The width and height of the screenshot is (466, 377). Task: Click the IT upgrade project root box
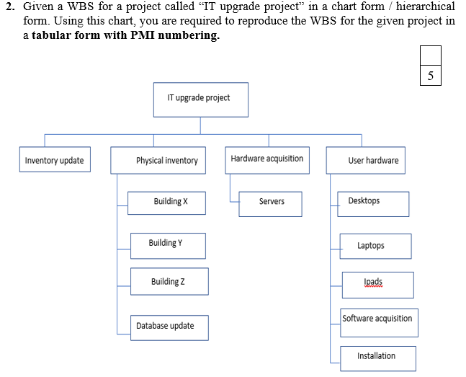click(198, 99)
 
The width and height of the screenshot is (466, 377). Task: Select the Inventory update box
click(54, 160)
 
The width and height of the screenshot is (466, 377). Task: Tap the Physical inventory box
click(166, 160)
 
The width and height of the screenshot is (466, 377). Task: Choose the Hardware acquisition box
click(267, 159)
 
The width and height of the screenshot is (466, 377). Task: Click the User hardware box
click(373, 160)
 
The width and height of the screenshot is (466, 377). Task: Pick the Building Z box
click(169, 281)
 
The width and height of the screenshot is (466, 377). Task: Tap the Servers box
click(271, 203)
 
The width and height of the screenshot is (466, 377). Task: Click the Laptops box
click(376, 246)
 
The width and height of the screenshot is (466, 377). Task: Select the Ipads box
click(377, 284)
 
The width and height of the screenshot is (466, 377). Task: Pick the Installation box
click(376, 357)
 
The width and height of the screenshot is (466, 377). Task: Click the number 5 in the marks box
click(430, 76)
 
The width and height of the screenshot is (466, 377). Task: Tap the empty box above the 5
click(430, 56)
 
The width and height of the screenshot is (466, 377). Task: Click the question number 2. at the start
click(10, 6)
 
